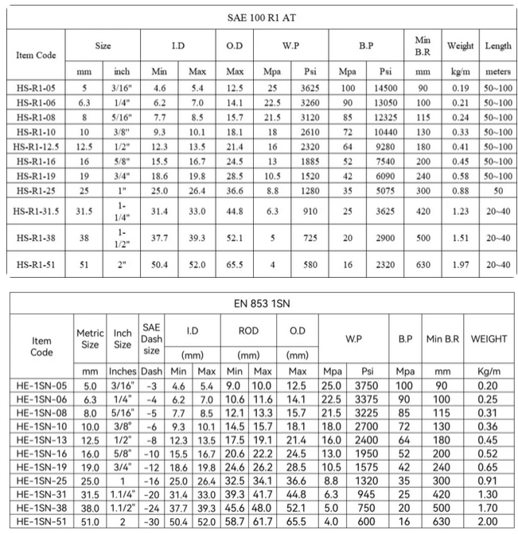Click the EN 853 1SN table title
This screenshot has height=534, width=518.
pyautogui.click(x=263, y=303)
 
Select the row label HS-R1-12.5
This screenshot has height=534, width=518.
pyautogui.click(x=36, y=147)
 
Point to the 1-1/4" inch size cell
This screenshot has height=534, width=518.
pyautogui.click(x=122, y=210)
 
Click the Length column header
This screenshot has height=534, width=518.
pyautogui.click(x=497, y=46)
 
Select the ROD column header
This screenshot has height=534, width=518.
pyautogui.click(x=248, y=330)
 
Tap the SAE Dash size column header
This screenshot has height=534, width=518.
pyautogui.click(x=151, y=337)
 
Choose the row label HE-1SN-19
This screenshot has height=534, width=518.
pyautogui.click(x=41, y=466)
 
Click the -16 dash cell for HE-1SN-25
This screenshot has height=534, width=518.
pyautogui.click(x=151, y=481)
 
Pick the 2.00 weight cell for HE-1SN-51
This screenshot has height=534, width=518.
pyautogui.click(x=489, y=521)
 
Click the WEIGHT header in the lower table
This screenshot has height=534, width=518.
pyautogui.click(x=489, y=338)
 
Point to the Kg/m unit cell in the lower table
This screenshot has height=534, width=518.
pyautogui.click(x=489, y=371)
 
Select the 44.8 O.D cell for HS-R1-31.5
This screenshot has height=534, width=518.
pyautogui.click(x=235, y=210)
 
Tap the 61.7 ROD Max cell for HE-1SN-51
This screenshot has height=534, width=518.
pyautogui.click(x=263, y=521)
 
